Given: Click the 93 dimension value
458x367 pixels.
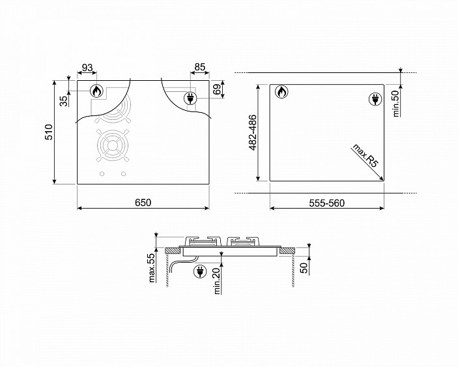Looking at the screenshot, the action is (x=87, y=68).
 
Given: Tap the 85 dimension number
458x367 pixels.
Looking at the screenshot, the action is (x=200, y=67).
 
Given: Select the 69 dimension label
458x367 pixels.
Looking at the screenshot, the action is (x=217, y=89).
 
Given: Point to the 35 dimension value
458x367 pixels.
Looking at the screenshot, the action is (x=64, y=101).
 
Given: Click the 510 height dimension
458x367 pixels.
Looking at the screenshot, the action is (x=49, y=132).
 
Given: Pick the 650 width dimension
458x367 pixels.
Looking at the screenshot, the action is (x=143, y=203).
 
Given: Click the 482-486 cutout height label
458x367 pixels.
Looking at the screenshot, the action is (x=253, y=133).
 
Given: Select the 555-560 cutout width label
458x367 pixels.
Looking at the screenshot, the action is (x=327, y=203).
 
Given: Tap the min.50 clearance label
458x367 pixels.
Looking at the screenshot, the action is (x=396, y=104).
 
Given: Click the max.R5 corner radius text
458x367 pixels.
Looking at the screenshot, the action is (x=365, y=155).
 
